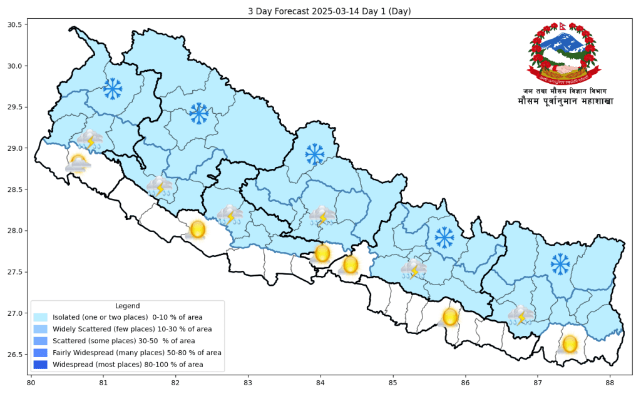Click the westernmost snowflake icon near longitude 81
pyautogui.click(x=113, y=89)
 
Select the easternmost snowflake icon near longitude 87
pyautogui.click(x=560, y=264)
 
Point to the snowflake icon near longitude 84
pyautogui.click(x=314, y=153)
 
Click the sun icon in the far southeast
pyautogui.click(x=569, y=344)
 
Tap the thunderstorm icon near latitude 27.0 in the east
pyautogui.click(x=520, y=315)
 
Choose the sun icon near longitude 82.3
pyautogui.click(x=197, y=230)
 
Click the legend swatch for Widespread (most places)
pyautogui.click(x=41, y=365)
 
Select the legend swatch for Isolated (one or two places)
pyautogui.click(x=41, y=318)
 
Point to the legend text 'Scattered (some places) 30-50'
pyautogui.click(x=123, y=341)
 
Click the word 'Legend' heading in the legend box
pyautogui.click(x=128, y=306)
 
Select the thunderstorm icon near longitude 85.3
pyautogui.click(x=413, y=269)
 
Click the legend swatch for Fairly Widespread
pyautogui.click(x=41, y=353)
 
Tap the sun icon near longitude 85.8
pyautogui.click(x=449, y=317)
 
